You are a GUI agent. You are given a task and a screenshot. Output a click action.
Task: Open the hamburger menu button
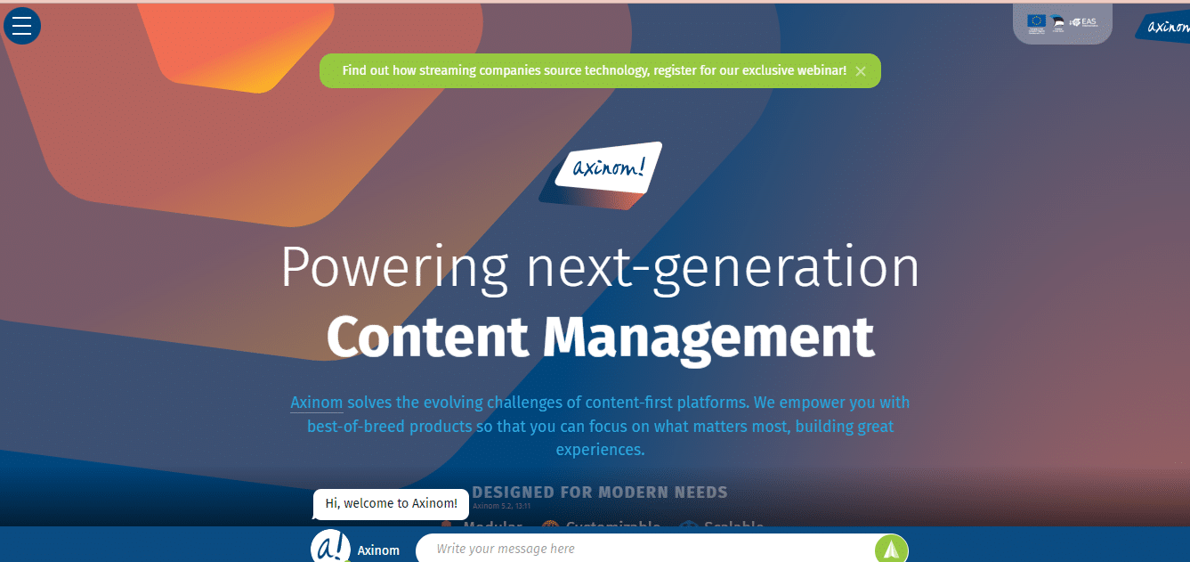(22, 26)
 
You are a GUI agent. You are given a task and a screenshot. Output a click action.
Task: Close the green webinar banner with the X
(861, 71)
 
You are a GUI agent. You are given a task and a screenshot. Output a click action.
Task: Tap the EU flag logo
(1036, 21)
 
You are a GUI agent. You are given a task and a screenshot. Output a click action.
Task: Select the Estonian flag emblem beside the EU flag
(1058, 22)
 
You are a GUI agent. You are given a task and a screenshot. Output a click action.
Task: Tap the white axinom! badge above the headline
(608, 166)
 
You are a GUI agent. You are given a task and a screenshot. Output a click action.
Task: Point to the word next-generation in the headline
(723, 266)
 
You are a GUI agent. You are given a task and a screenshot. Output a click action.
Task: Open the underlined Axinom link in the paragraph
(316, 403)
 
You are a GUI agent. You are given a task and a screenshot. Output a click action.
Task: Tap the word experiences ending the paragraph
(600, 450)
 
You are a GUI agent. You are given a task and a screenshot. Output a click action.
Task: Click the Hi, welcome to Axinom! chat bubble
(391, 503)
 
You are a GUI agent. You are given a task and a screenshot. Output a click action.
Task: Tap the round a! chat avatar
(330, 547)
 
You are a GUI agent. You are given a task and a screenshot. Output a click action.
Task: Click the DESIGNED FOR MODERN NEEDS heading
(600, 493)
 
